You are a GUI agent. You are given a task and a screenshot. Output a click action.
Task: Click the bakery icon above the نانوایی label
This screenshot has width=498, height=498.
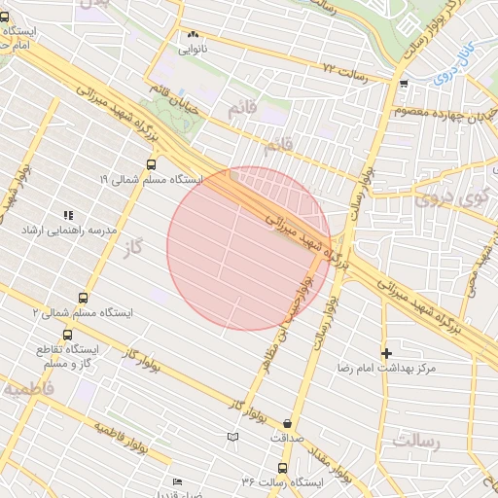[x=192, y=33]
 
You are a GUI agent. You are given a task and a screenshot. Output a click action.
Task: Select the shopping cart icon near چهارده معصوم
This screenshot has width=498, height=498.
[x=404, y=84]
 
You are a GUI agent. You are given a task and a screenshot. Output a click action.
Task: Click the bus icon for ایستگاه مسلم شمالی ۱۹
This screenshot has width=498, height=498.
[x=149, y=163]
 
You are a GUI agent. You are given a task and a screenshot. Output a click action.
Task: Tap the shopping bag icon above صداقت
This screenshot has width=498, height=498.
[x=288, y=423]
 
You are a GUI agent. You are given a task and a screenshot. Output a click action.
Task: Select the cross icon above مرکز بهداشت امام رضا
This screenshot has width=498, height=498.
[x=386, y=352]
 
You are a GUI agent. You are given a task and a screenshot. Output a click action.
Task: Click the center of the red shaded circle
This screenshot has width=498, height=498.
[x=249, y=249]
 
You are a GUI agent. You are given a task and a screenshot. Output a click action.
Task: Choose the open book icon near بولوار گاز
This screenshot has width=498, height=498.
[x=231, y=438]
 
